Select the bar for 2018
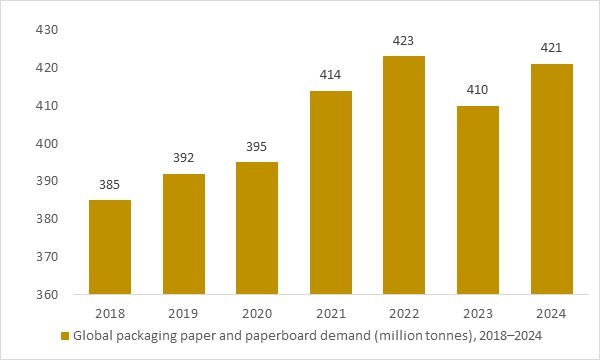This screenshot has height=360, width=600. point(110,247)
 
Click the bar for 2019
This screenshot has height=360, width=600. point(183,234)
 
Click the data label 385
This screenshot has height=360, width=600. point(110,185)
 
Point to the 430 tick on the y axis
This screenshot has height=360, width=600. point(47,30)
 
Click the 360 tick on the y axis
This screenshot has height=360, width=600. point(47,295)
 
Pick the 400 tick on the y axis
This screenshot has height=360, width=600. point(47,144)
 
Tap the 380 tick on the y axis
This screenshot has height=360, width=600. point(47,219)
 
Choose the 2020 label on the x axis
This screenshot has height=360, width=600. point(256,312)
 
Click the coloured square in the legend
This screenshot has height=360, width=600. point(66,335)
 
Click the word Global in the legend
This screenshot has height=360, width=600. point(94,335)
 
